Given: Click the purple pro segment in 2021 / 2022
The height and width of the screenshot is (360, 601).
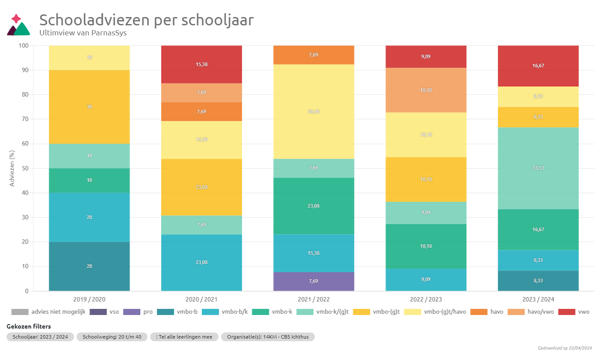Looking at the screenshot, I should click(314, 281).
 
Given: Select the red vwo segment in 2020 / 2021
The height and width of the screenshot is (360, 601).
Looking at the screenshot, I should click(201, 64).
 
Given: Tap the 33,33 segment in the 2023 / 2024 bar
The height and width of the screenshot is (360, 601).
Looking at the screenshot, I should click(538, 168).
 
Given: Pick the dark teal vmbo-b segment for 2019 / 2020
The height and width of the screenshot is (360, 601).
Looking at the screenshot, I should click(89, 266).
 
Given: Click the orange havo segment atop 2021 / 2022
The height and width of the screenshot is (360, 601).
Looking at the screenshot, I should click(314, 55).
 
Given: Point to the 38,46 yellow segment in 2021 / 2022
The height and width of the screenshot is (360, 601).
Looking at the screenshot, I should click(314, 111).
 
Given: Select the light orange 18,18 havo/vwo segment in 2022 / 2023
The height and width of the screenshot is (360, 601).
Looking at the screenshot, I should click(426, 90).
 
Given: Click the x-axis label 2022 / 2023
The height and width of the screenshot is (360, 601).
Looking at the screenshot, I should click(426, 300).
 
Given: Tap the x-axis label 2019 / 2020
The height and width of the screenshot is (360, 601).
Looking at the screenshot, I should click(89, 300).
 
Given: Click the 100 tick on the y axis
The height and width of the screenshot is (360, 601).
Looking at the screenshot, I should click(24, 45).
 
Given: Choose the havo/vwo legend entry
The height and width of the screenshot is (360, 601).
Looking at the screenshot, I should click(520, 312).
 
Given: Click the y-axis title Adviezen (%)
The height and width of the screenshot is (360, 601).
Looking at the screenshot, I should click(12, 168).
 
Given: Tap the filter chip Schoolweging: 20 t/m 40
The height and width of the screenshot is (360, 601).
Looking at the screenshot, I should click(112, 337).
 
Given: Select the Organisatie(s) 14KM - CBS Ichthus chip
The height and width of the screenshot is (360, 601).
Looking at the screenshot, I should click(267, 337).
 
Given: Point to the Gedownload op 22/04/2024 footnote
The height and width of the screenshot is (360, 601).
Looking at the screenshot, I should click(565, 348).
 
